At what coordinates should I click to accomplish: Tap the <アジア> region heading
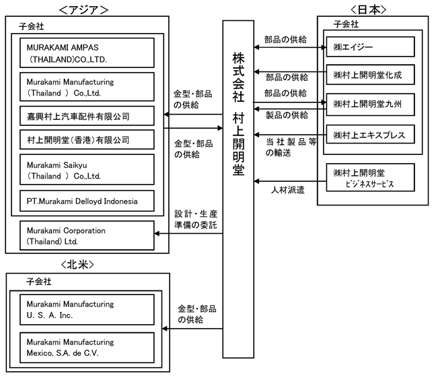click(83, 10)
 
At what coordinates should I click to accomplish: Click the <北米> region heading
click(77, 265)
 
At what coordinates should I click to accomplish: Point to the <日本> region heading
click(369, 9)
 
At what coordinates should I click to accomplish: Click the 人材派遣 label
click(288, 190)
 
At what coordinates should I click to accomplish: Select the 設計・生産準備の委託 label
click(196, 220)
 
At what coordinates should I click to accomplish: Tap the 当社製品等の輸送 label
click(291, 148)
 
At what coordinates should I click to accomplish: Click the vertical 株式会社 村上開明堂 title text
click(239, 114)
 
